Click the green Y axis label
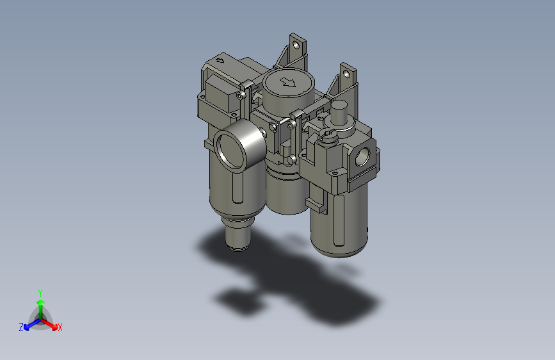[40, 291]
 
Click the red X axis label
[60, 328]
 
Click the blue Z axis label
[21, 327]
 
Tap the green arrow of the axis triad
[40, 304]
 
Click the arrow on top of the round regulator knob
[288, 81]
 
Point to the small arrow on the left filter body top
[220, 61]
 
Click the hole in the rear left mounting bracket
[296, 44]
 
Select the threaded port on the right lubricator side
[362, 156]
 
